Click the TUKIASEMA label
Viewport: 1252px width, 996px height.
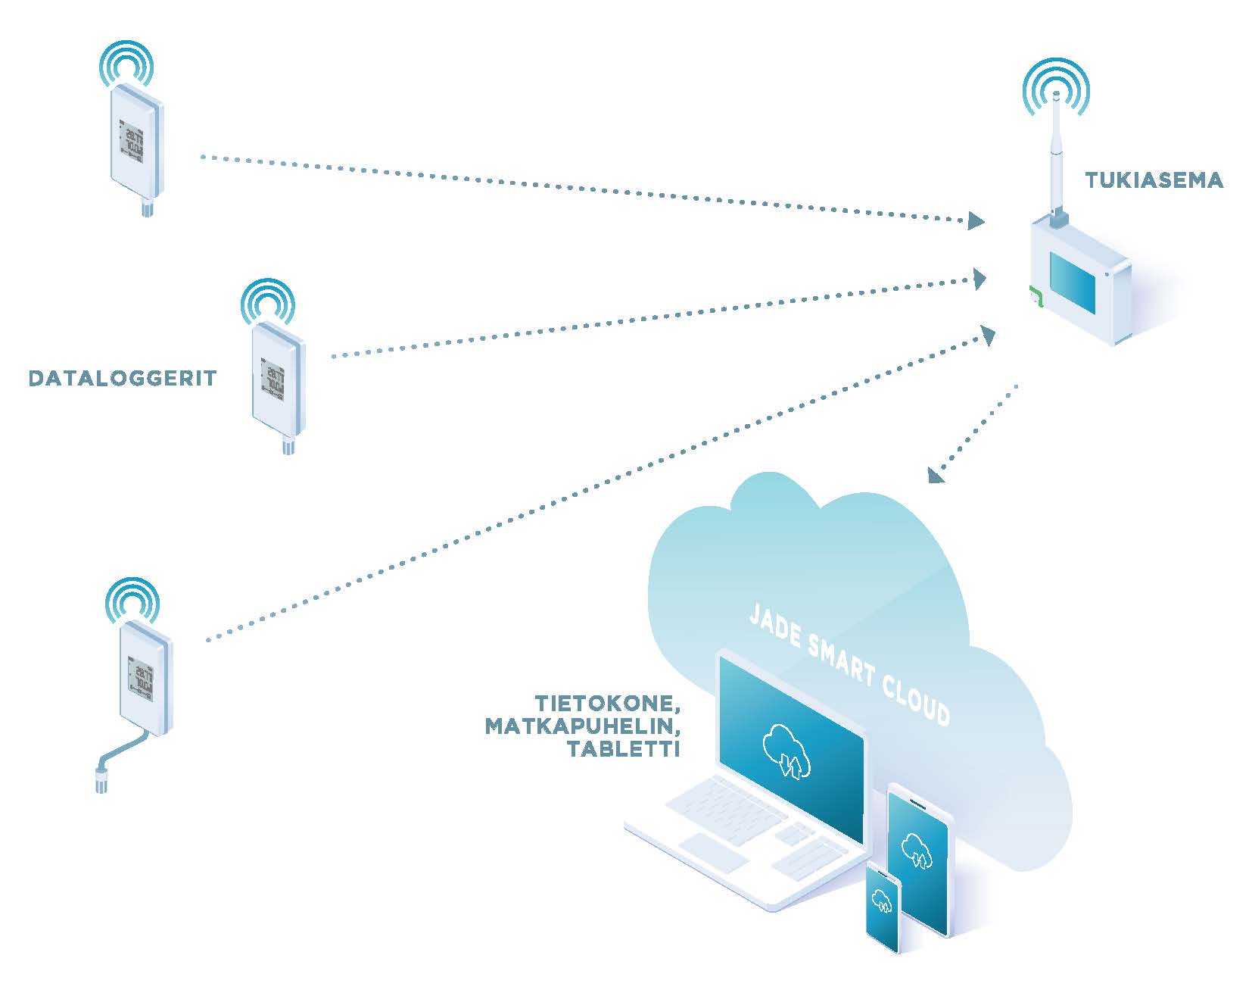(1154, 180)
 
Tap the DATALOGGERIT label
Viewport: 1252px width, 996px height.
(123, 378)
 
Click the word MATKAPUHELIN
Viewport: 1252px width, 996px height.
(581, 726)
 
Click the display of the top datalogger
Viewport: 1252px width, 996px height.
(133, 140)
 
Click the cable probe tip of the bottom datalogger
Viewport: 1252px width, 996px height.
(101, 780)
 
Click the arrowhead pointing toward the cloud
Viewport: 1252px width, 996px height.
(936, 475)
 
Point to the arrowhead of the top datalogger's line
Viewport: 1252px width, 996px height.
(975, 221)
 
